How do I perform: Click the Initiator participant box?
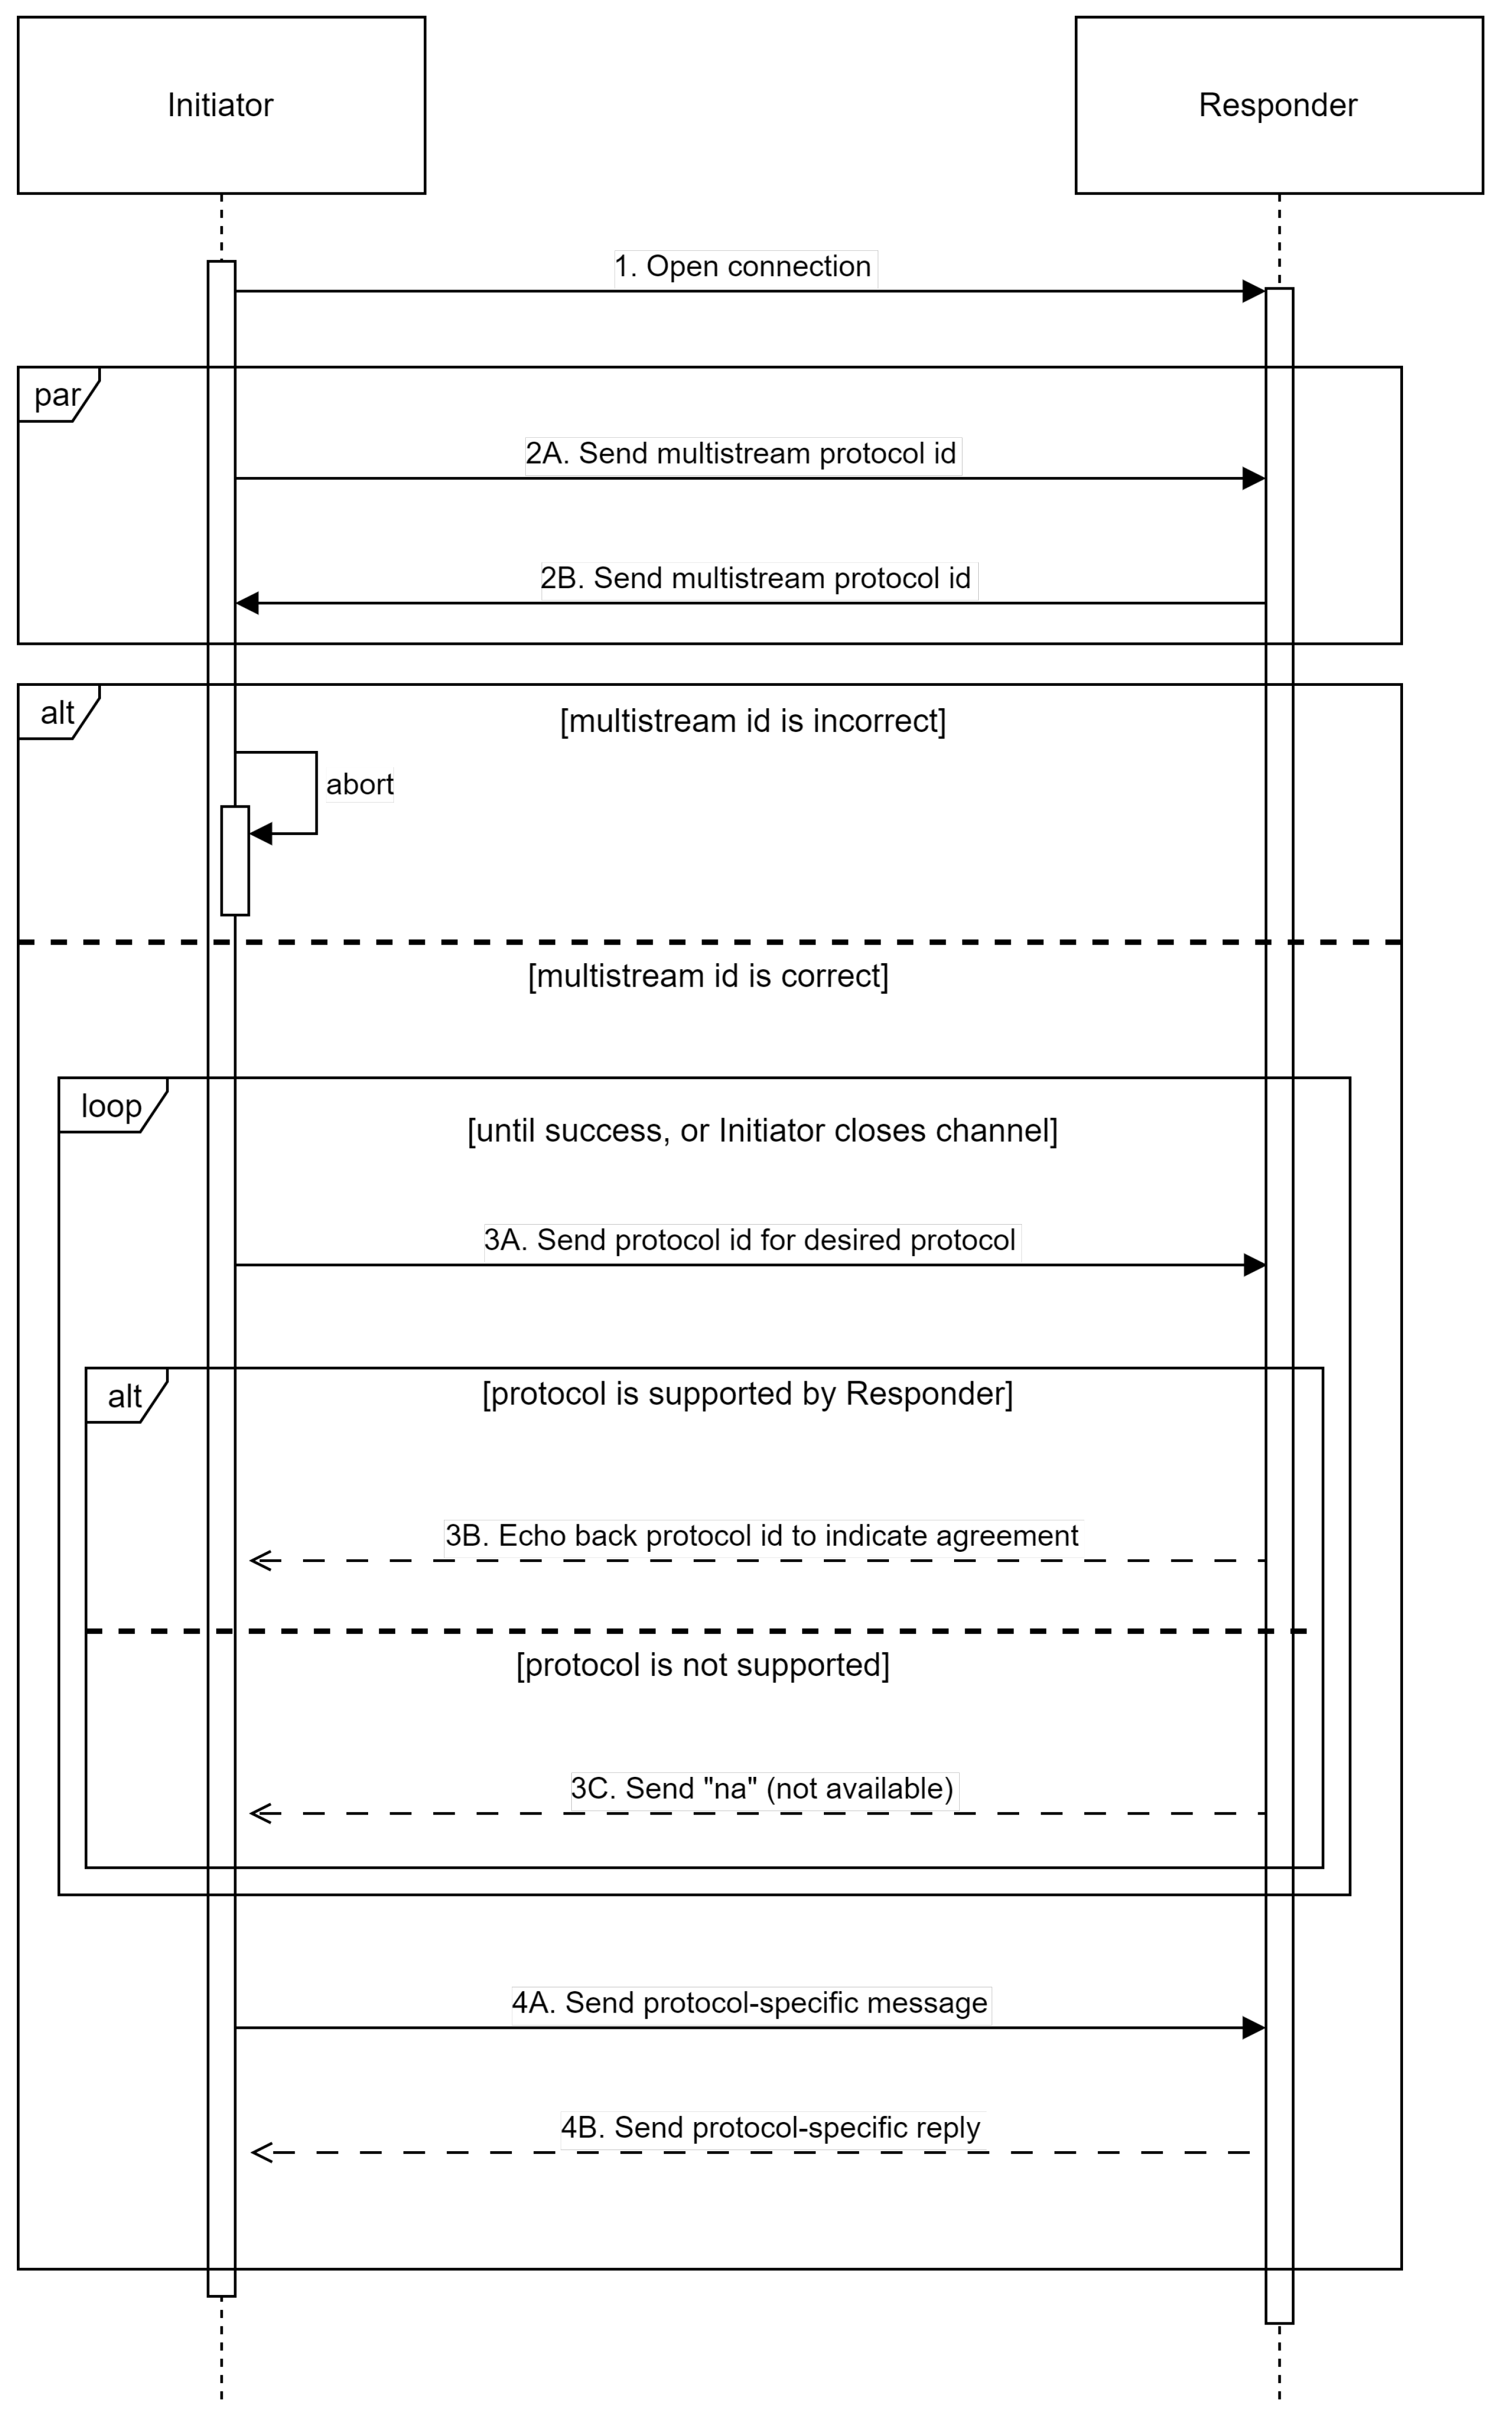221,105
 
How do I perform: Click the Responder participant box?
1278,105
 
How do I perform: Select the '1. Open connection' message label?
744,267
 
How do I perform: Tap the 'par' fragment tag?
57,395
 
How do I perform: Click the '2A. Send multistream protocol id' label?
741,454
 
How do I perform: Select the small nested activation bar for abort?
235,860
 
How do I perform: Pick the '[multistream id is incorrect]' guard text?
753,721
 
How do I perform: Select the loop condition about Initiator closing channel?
762,1130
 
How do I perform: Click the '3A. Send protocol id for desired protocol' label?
750,1240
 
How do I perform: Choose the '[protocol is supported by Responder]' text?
746,1394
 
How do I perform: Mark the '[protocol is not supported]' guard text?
702,1665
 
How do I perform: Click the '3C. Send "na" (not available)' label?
762,1789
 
